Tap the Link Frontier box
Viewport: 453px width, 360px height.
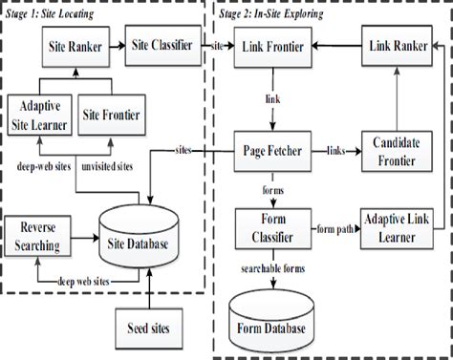click(x=276, y=46)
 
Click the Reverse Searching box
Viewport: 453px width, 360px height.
click(x=39, y=239)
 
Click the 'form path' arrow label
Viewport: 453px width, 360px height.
click(x=335, y=227)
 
